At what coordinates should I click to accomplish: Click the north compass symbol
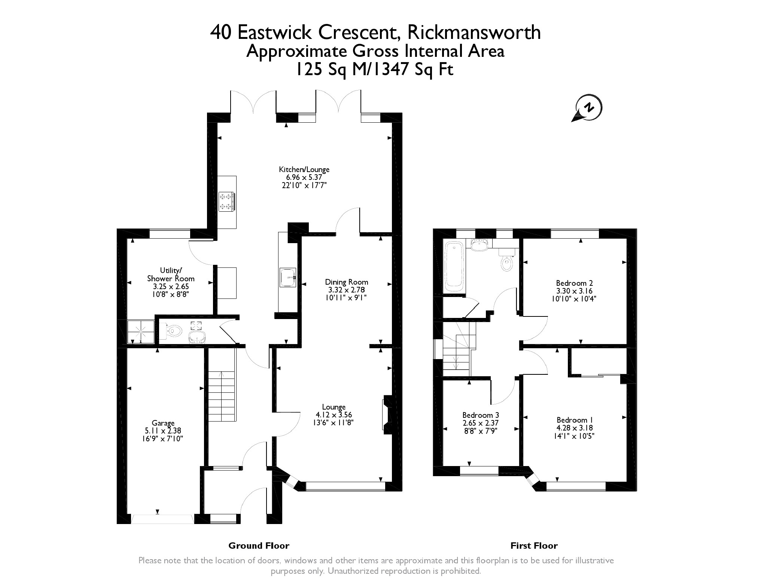588,108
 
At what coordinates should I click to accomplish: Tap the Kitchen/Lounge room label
304,169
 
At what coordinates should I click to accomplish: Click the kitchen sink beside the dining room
288,277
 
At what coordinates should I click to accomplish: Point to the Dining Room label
347,282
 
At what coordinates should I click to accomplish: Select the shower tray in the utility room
141,331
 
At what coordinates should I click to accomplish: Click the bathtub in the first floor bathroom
454,267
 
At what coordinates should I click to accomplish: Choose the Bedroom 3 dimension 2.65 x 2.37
481,423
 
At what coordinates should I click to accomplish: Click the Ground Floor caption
259,546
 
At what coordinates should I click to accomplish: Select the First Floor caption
534,546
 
